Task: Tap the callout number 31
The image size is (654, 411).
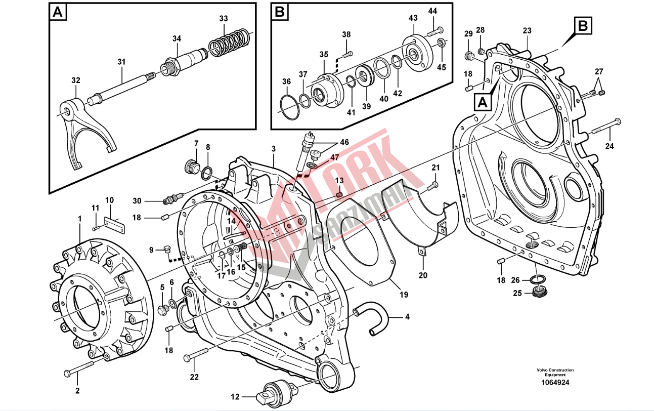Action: pyautogui.click(x=121, y=62)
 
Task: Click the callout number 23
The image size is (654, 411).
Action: pyautogui.click(x=527, y=30)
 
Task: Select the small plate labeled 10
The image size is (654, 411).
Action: pyautogui.click(x=114, y=223)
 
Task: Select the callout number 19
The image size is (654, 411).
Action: pyautogui.click(x=403, y=295)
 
